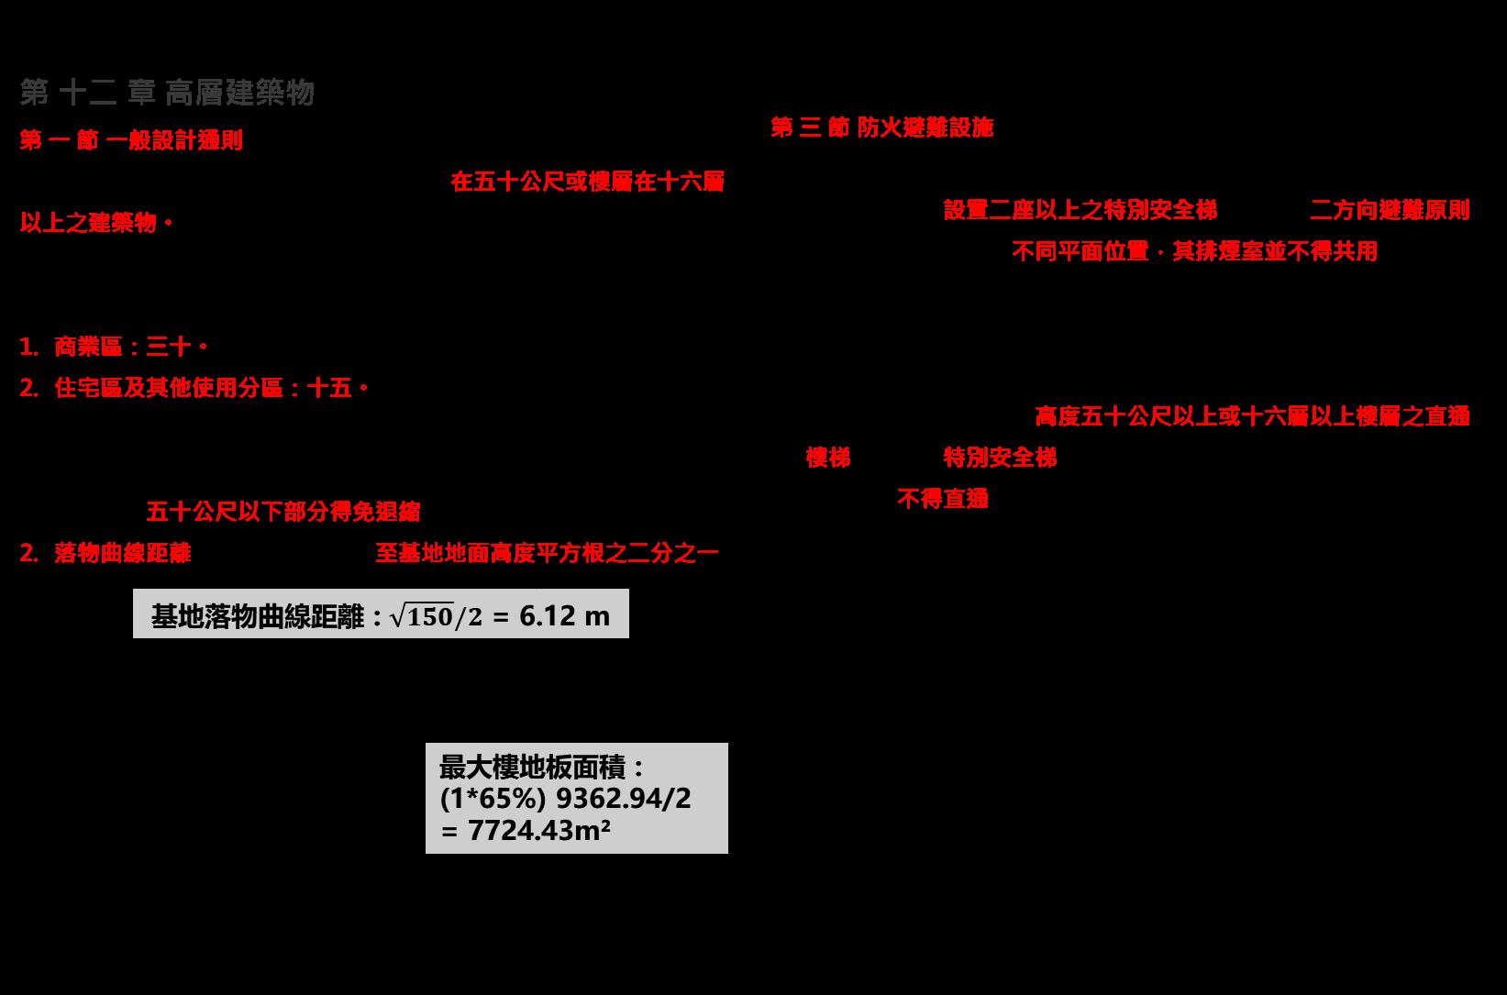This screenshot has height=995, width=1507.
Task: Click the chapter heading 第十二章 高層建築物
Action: coord(167,93)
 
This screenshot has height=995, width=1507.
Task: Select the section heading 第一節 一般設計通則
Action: coord(131,140)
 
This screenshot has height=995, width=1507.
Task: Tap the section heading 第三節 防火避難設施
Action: coord(881,127)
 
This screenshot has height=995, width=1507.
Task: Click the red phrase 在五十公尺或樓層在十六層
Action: coord(587,182)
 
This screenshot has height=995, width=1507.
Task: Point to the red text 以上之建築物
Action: coord(96,223)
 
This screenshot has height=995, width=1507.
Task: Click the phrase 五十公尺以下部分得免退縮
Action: coord(283,511)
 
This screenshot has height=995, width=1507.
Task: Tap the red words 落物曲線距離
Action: coord(122,553)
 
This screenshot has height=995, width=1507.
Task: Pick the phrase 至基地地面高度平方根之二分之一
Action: coord(547,553)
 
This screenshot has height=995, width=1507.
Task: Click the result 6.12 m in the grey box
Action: coord(564,615)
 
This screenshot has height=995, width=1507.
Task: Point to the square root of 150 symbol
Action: coord(421,616)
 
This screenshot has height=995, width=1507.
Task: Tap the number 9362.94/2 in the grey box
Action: coord(624,799)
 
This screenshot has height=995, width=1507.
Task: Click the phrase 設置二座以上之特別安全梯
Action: coord(1080,210)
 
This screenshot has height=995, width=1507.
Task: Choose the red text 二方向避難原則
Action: coord(1390,210)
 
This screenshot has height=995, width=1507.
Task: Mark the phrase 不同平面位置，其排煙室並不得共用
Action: coord(1194,251)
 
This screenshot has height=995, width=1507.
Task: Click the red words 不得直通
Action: coord(942,499)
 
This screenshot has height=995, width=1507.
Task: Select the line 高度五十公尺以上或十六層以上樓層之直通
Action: coord(1252,416)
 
